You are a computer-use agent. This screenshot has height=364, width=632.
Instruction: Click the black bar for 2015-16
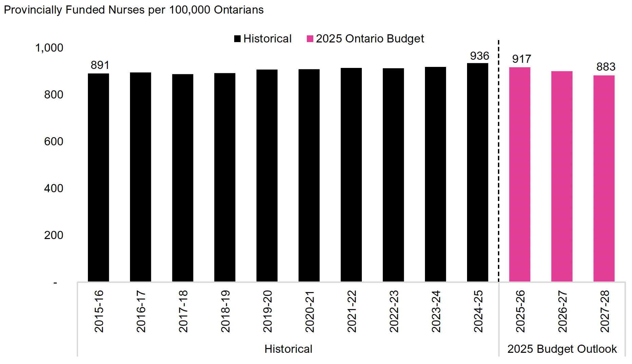98,177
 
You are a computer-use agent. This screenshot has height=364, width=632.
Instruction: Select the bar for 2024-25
478,172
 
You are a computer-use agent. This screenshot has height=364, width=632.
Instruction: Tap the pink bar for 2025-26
520,174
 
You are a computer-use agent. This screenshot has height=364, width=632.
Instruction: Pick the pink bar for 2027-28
604,178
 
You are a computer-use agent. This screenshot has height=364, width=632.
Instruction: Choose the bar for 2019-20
267,176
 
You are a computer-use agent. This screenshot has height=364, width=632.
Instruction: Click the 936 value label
479,56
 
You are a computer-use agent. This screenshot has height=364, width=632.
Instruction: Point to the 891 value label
100,65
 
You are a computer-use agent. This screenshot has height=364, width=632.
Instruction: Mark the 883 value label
606,67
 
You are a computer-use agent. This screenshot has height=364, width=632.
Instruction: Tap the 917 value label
521,59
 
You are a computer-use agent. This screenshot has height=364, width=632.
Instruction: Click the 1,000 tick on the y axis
49,48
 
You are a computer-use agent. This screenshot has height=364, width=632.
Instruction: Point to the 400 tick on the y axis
54,188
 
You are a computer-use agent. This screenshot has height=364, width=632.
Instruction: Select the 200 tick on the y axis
54,235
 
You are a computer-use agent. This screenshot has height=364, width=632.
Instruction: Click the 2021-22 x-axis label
352,311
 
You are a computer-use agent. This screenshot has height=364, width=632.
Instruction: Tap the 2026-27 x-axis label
562,311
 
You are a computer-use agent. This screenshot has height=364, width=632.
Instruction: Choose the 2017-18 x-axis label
183,311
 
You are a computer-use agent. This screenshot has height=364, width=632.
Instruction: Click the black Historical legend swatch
238,39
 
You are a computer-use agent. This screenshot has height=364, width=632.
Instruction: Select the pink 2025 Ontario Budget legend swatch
310,39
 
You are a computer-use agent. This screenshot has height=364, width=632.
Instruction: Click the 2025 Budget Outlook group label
562,349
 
